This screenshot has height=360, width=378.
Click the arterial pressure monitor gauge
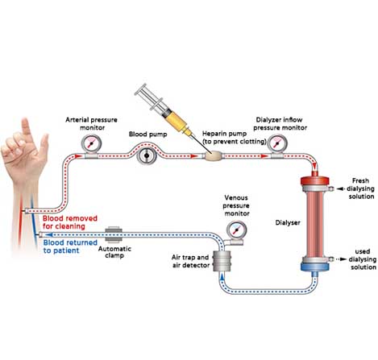91,144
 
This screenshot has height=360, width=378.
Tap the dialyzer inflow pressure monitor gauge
277,144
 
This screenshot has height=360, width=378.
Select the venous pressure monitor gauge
236,230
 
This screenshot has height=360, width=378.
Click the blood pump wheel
147,155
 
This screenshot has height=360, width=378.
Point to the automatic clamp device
114,234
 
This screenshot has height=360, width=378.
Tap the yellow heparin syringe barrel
177,121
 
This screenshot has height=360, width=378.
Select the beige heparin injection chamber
214,155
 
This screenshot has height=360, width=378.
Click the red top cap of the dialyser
314,180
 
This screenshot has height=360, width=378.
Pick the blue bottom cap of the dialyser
314,267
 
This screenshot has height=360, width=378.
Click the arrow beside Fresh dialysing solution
340,188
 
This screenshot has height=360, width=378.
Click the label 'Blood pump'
148,134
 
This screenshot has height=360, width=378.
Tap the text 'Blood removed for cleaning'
70,222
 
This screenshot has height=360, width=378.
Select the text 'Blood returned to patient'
70,246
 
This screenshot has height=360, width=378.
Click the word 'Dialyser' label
288,222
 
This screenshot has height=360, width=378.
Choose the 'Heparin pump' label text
224,134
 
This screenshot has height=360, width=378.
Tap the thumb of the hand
43,145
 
